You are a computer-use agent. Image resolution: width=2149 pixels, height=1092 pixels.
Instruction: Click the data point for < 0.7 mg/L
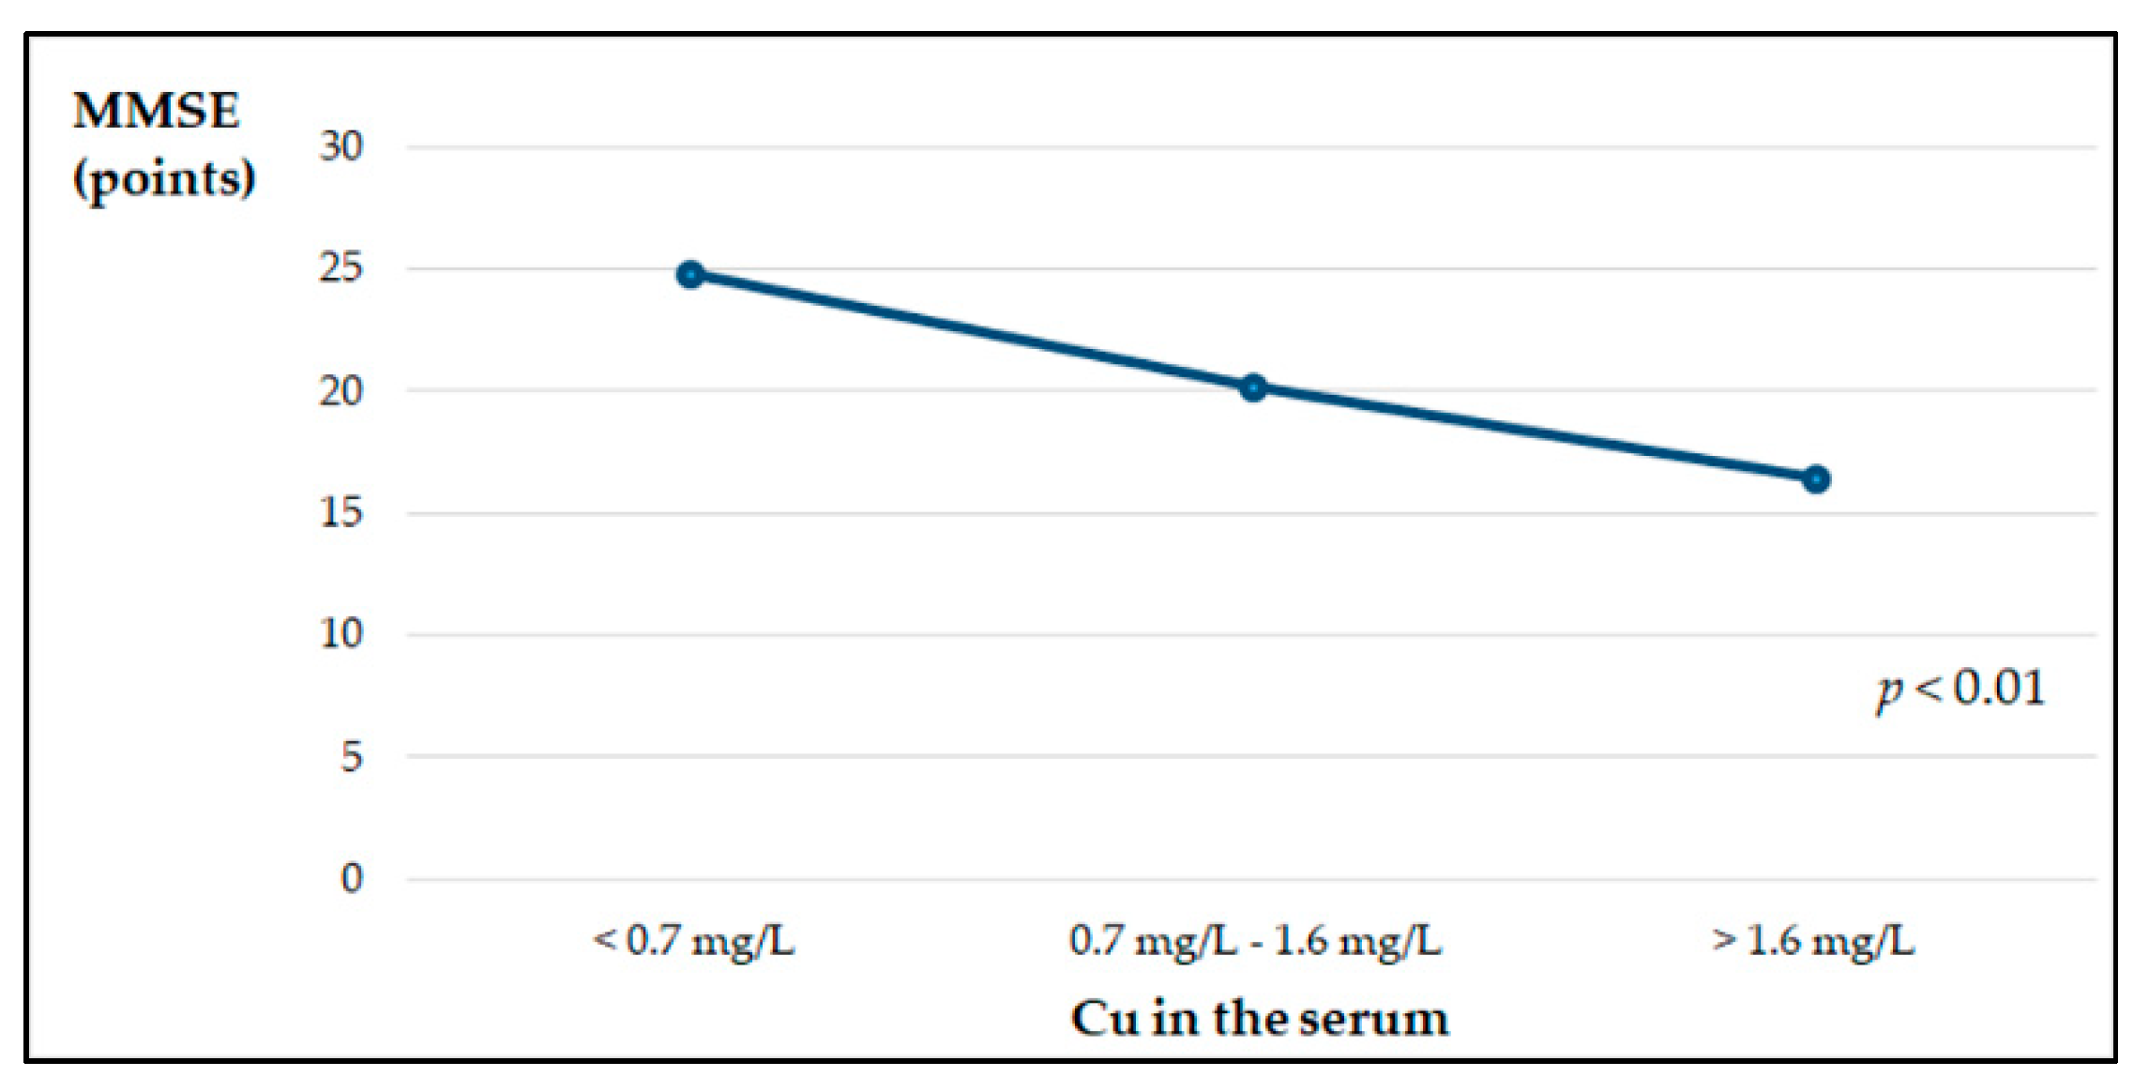pos(690,275)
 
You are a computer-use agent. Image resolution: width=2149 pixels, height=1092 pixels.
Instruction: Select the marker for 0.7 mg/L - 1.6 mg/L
pos(1253,387)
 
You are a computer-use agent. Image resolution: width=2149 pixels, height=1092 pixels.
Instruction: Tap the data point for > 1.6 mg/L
pos(1816,479)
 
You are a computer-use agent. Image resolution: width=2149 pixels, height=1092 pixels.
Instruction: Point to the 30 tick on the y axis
pos(341,146)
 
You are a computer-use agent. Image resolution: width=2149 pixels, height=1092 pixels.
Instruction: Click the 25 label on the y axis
pos(341,268)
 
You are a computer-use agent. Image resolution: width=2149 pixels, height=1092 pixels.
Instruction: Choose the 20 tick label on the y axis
pos(341,391)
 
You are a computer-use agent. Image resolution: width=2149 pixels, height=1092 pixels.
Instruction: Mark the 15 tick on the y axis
pos(341,512)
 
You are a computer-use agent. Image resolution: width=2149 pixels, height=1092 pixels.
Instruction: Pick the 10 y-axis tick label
pos(341,634)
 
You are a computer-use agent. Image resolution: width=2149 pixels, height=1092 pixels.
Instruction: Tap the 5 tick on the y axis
pos(352,756)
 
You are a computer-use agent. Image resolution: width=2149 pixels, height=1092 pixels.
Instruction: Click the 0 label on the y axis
pos(352,878)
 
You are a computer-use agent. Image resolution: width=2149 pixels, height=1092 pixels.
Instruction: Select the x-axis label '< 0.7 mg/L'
pos(694,940)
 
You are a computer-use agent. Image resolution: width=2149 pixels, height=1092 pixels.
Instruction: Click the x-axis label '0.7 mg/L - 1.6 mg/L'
pos(1255,940)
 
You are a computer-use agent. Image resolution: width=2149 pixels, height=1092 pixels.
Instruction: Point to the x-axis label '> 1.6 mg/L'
pos(1813,940)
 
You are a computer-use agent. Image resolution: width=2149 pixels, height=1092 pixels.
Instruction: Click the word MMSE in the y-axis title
pos(157,111)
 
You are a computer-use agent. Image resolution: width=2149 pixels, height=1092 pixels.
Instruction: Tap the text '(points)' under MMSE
pos(164,178)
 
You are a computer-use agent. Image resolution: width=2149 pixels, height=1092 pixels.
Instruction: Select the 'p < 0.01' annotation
pos(1960,689)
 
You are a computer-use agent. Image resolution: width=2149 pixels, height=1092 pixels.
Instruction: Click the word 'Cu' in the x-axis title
pos(1105,1019)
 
